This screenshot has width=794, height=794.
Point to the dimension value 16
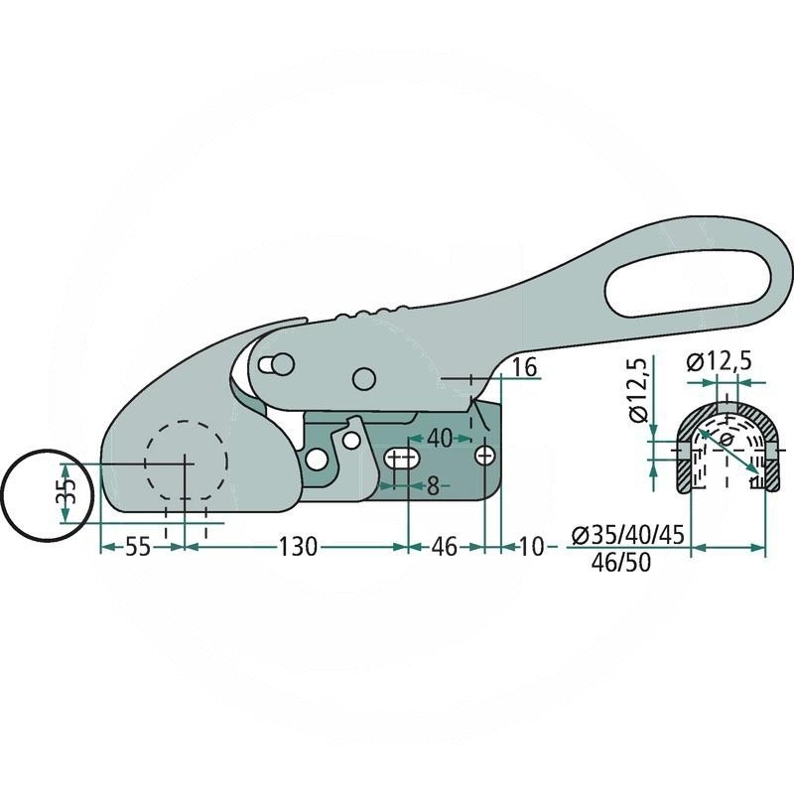525,367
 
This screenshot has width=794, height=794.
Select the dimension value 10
532,547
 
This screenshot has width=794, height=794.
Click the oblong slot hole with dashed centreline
401,458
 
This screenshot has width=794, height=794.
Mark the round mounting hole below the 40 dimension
485,455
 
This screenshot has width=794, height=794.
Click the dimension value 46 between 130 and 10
446,547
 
